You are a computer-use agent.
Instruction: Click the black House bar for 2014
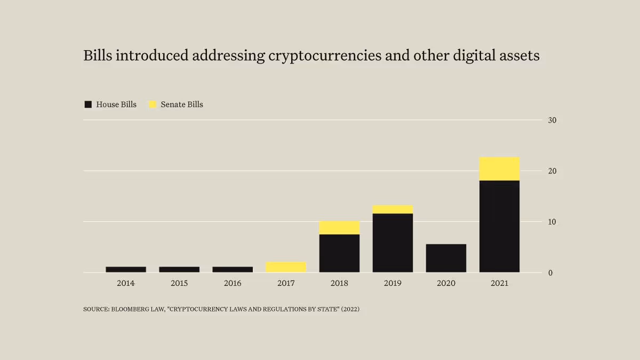coord(126,269)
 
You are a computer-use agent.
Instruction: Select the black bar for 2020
coord(446,258)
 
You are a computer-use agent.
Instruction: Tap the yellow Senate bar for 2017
coord(286,267)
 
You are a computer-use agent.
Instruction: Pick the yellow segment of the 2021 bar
coord(499,169)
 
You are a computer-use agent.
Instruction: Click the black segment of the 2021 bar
coord(499,226)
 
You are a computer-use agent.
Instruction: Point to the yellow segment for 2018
coord(339,228)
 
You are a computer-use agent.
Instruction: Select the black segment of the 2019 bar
coord(393,243)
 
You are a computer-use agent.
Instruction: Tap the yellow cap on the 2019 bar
coord(393,210)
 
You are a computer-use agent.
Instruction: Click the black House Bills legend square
coord(88,105)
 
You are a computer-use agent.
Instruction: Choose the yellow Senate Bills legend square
coord(153,105)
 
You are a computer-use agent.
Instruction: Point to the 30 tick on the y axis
coord(552,120)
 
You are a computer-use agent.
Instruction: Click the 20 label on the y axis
coord(552,171)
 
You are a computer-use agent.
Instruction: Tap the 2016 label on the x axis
coord(233,283)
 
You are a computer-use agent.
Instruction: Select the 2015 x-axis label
coord(179,283)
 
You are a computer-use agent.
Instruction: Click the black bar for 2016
coord(233,269)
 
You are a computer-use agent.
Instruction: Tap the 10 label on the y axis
coord(552,222)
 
